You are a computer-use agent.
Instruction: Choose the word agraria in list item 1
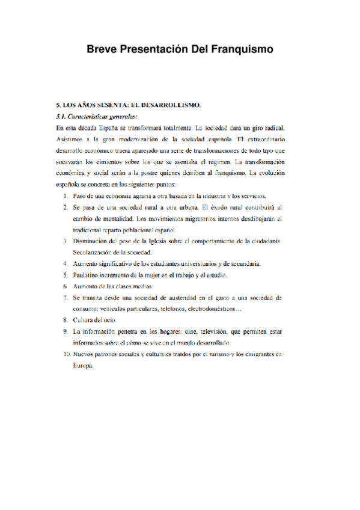(x=141, y=196)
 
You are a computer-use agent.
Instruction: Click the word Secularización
(x=94, y=252)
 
